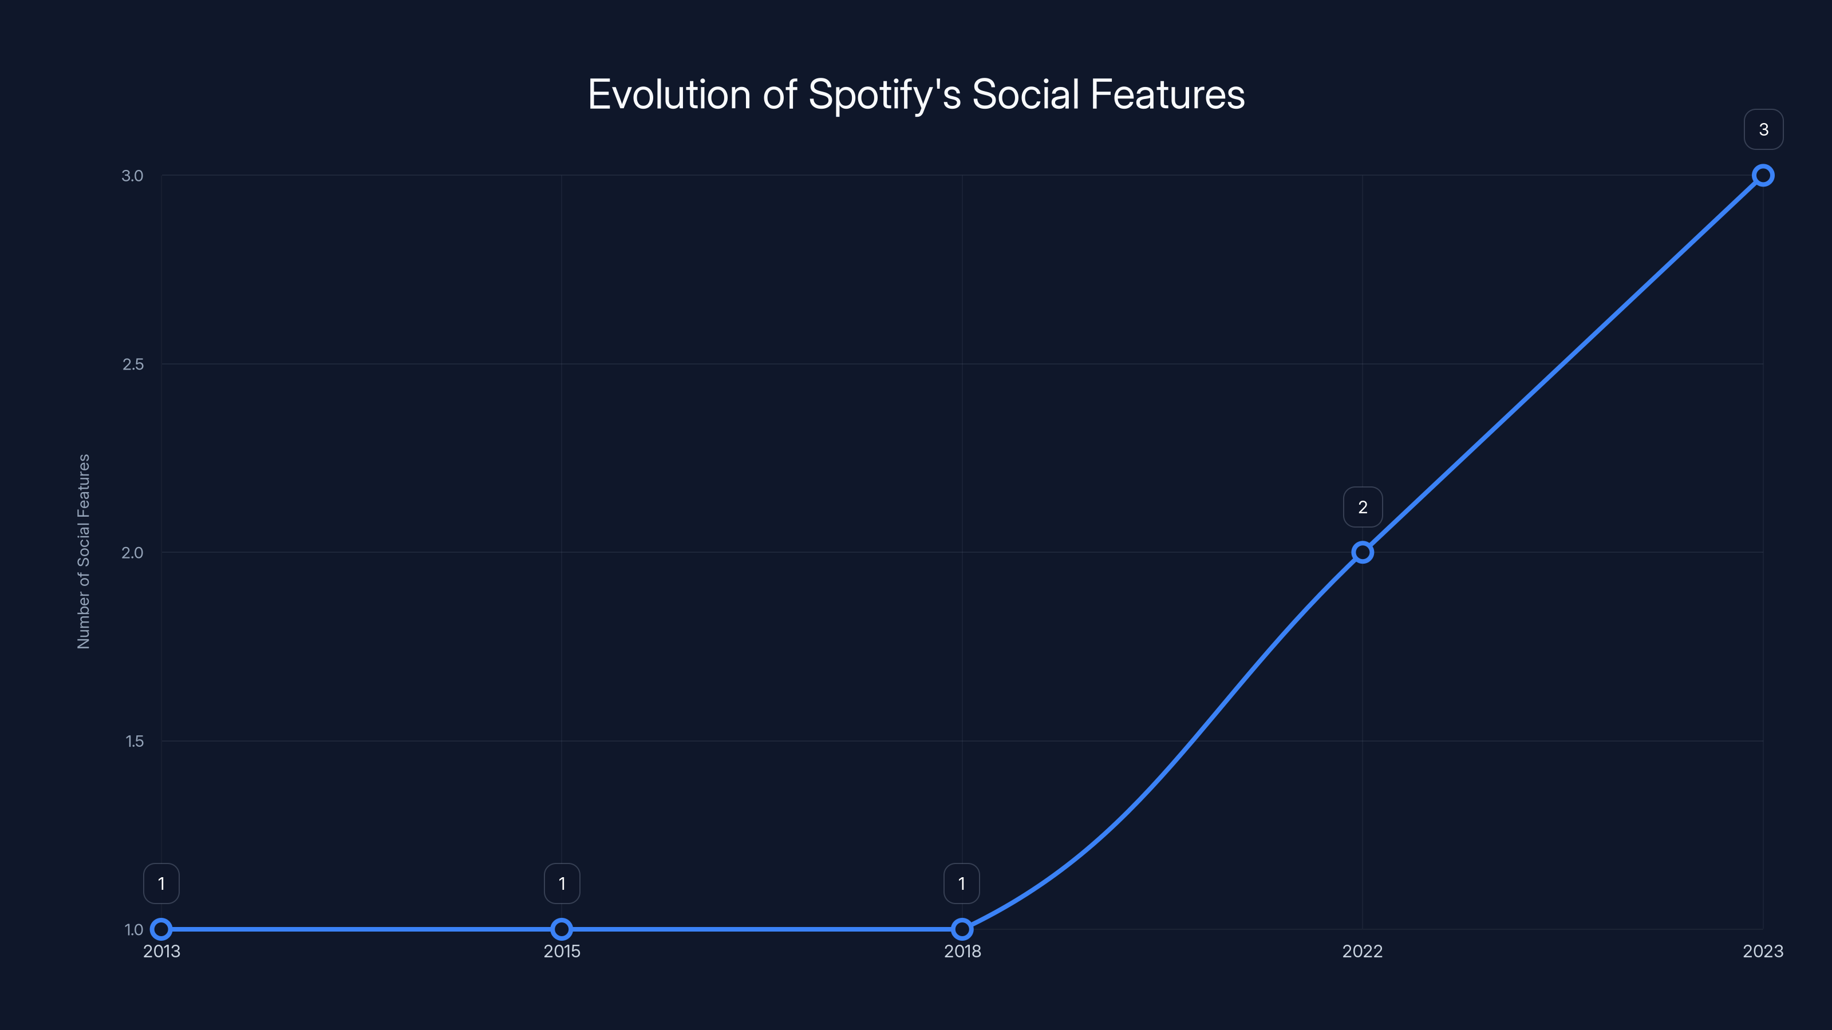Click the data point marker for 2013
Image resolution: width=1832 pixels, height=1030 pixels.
coord(161,929)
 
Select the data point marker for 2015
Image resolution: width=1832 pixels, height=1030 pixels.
coord(562,929)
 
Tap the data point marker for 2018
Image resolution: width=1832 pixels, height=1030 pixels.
coord(962,929)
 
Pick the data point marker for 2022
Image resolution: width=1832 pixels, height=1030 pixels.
coord(1363,552)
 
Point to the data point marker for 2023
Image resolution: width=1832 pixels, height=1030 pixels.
coord(1763,176)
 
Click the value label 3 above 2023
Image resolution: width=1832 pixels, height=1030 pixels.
coord(1763,129)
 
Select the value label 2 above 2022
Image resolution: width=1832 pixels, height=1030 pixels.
coord(1363,507)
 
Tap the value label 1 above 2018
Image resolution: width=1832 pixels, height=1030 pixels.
coord(962,884)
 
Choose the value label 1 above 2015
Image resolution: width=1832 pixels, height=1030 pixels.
coord(562,884)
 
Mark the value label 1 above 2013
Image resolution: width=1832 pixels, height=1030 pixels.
coord(161,884)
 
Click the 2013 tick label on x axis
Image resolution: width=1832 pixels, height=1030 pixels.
coord(161,951)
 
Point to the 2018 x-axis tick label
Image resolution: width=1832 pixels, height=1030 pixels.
coord(962,951)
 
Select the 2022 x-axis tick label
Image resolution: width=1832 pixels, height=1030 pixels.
coord(1363,951)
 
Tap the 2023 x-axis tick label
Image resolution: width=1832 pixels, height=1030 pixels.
coord(1763,951)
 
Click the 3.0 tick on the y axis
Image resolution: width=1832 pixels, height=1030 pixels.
coord(132,176)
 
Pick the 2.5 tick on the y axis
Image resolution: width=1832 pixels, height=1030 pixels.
coord(133,364)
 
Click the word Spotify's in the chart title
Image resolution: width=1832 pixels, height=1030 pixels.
coord(884,95)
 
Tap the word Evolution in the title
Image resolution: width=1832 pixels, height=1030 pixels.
coord(669,95)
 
